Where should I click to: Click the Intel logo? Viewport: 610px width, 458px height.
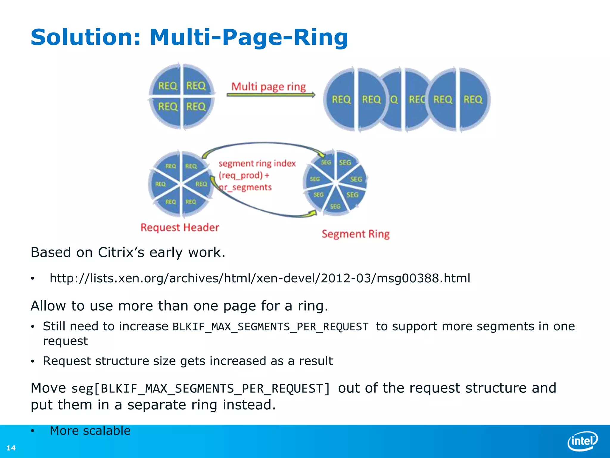pos(583,441)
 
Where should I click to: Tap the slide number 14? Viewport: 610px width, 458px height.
pos(11,448)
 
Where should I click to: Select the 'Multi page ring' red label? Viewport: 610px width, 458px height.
pos(268,87)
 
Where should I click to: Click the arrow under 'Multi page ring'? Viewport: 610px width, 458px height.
pos(270,95)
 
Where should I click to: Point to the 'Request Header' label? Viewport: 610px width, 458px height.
pos(180,228)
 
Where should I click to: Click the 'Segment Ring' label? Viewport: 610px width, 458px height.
pos(355,234)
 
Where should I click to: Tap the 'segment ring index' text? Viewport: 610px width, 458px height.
pos(257,163)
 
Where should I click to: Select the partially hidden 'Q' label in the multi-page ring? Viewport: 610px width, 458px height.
pos(394,99)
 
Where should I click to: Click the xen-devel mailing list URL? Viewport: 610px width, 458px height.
pos(260,278)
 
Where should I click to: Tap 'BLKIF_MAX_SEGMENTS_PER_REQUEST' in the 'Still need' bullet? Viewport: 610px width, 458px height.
pos(270,327)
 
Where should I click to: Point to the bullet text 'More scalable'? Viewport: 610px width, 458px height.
pos(90,431)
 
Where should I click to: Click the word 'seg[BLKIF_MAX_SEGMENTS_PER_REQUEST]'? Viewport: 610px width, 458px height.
pos(200,389)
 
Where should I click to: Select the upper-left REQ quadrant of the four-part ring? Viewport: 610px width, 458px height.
pos(167,86)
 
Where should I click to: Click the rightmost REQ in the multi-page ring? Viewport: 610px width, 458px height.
pos(473,99)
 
